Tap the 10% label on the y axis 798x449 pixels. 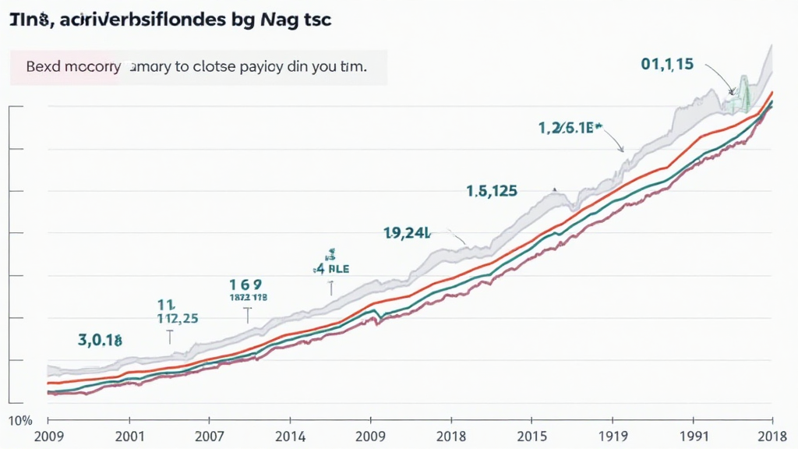click(20, 421)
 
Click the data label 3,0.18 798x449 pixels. click(100, 340)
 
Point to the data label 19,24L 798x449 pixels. click(407, 232)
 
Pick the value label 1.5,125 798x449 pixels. click(492, 190)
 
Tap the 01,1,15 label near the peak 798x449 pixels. click(666, 65)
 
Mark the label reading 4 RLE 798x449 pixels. click(331, 268)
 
